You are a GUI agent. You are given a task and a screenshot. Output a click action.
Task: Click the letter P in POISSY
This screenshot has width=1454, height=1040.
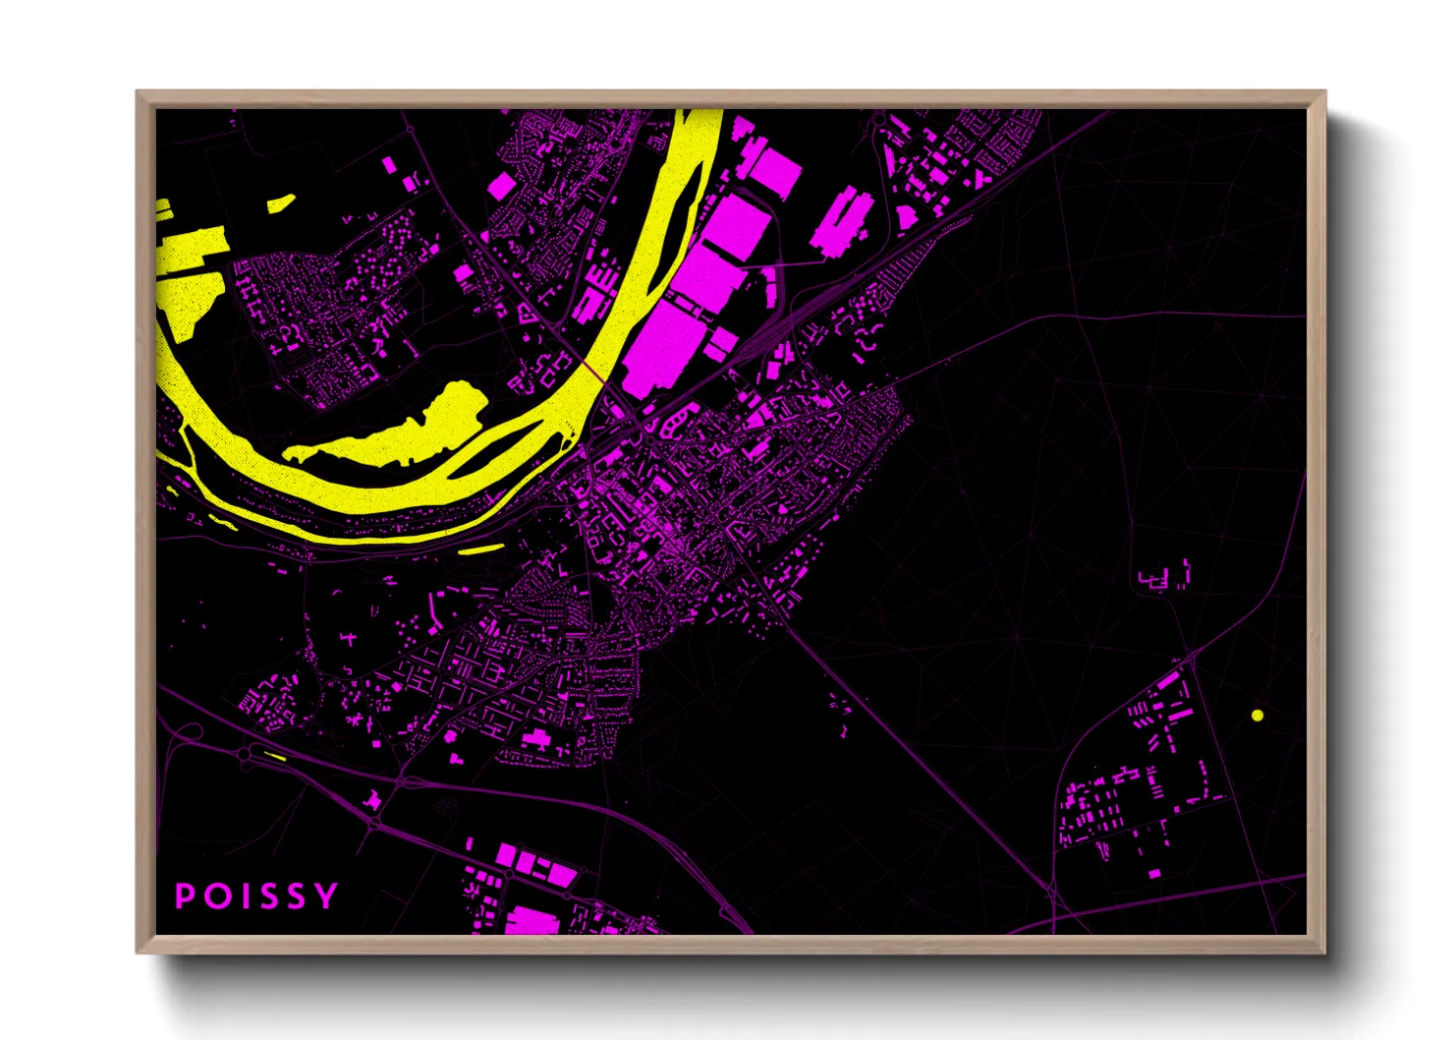pyautogui.click(x=184, y=896)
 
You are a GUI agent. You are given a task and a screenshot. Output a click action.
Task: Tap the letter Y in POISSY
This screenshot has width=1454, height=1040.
pyautogui.click(x=328, y=896)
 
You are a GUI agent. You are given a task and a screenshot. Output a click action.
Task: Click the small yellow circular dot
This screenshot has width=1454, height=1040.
pyautogui.click(x=1258, y=715)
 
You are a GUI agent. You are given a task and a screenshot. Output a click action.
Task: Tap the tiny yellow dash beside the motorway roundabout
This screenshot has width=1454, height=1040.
pyautogui.click(x=274, y=756)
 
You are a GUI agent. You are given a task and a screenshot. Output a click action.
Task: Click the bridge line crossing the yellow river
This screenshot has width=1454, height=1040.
pyautogui.click(x=593, y=373)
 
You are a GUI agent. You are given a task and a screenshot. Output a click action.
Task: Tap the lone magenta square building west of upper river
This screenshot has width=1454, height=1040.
pyautogui.click(x=501, y=185)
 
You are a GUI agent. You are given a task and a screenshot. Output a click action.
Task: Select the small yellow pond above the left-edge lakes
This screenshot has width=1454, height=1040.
pyautogui.click(x=281, y=204)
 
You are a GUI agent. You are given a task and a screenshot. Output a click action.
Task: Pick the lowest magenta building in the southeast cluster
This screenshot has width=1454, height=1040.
pyautogui.click(x=1153, y=873)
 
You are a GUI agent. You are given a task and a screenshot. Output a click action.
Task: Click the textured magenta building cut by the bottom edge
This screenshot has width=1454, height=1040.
pyautogui.click(x=531, y=922)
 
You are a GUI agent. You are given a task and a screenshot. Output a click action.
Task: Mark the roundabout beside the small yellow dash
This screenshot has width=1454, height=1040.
pyautogui.click(x=243, y=755)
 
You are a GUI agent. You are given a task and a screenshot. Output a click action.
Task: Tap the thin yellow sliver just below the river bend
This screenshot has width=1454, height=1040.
pyautogui.click(x=481, y=549)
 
